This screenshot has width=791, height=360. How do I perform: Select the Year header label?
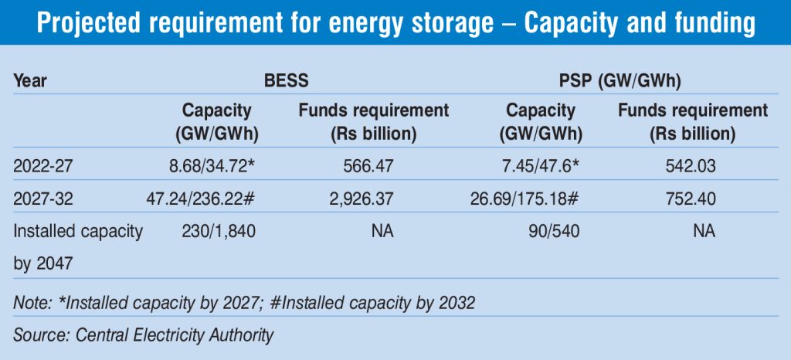click(30, 80)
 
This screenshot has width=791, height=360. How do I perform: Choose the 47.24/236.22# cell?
click(199, 199)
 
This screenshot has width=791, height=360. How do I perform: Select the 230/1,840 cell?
click(219, 231)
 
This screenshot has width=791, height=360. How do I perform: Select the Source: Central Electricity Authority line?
click(144, 335)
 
